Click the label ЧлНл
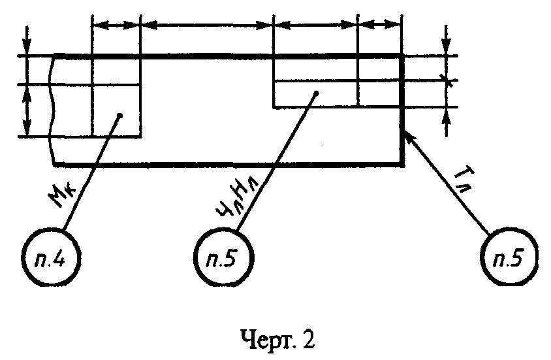click(238, 197)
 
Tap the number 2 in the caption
click(308, 339)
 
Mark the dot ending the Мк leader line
click(120, 116)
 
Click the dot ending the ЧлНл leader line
click(316, 93)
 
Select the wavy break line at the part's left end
click(53, 110)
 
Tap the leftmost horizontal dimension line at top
click(116, 25)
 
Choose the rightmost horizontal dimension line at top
click(380, 25)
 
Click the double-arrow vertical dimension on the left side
click(27, 110)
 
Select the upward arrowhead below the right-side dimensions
click(446, 116)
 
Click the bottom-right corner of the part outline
click(402, 165)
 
